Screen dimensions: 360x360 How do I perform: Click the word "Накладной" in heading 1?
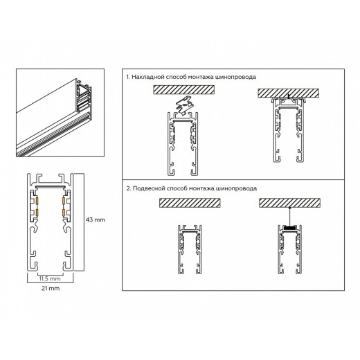(149, 77)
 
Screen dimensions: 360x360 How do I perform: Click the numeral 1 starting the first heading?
(127, 77)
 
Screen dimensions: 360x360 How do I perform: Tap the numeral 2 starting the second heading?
(128, 188)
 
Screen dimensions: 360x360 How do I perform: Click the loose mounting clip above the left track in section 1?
(181, 105)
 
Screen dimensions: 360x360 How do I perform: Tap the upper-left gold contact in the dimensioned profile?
(38, 202)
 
